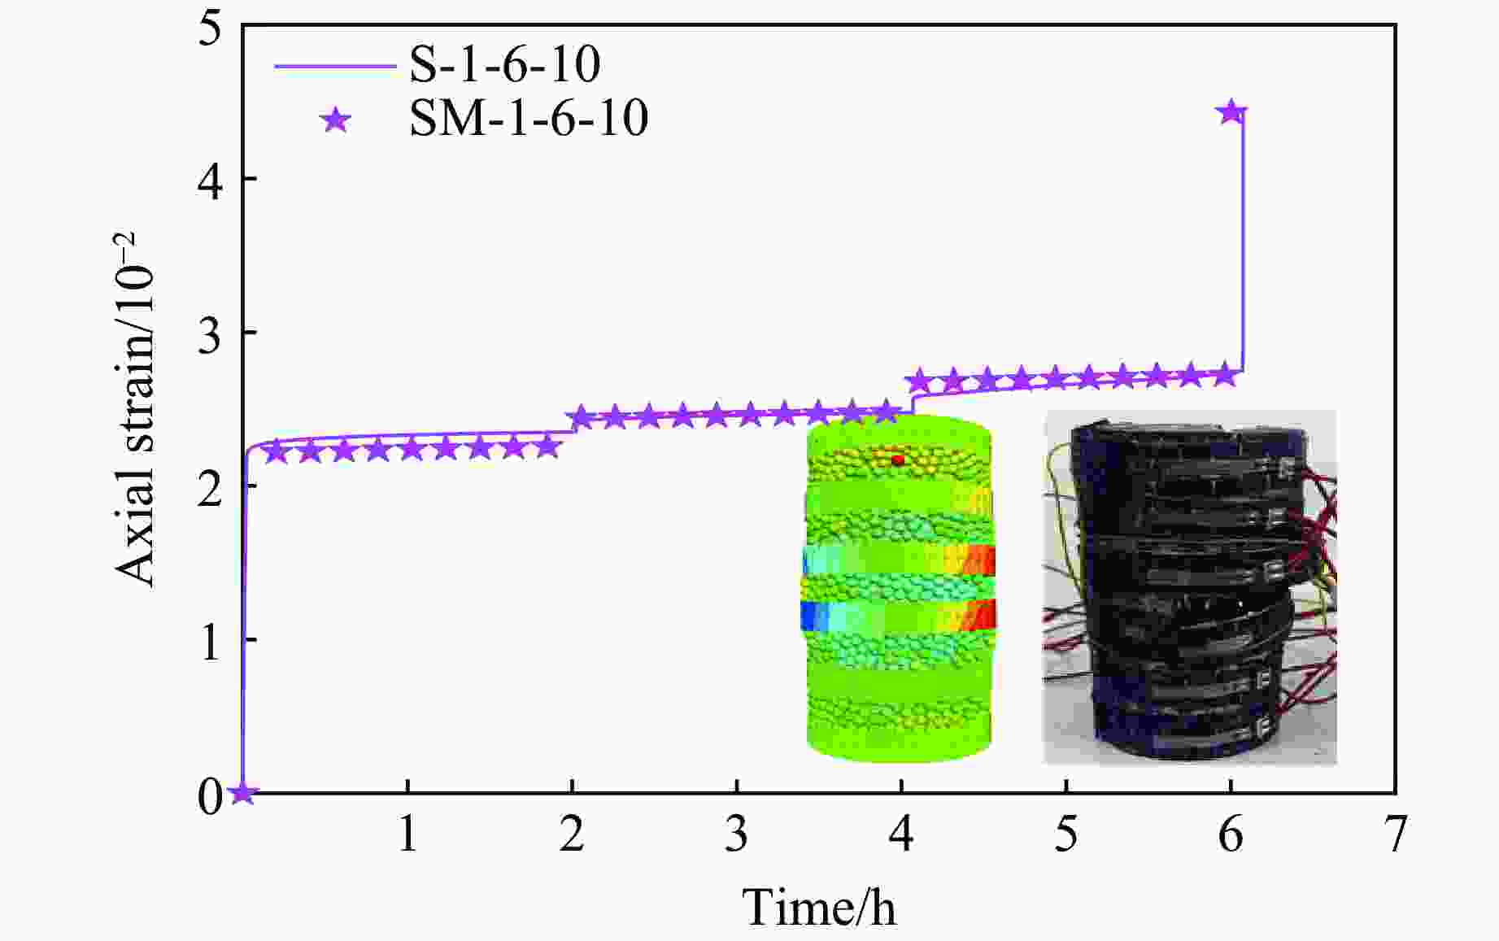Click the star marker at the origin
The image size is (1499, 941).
click(x=242, y=793)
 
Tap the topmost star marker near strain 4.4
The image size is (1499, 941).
click(x=1231, y=112)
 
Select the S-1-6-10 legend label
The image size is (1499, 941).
click(x=504, y=64)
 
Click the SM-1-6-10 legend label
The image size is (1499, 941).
click(x=528, y=119)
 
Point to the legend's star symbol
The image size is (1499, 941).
click(x=335, y=121)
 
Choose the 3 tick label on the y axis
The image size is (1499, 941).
click(x=209, y=333)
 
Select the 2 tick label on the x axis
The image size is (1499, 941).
click(x=572, y=834)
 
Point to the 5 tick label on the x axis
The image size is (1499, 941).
click(x=1065, y=834)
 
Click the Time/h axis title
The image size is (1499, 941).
click(x=819, y=907)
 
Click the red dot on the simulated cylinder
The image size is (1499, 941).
click(x=898, y=460)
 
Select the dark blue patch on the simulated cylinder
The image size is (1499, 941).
click(x=811, y=616)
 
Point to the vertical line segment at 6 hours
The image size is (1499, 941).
click(x=1243, y=244)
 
